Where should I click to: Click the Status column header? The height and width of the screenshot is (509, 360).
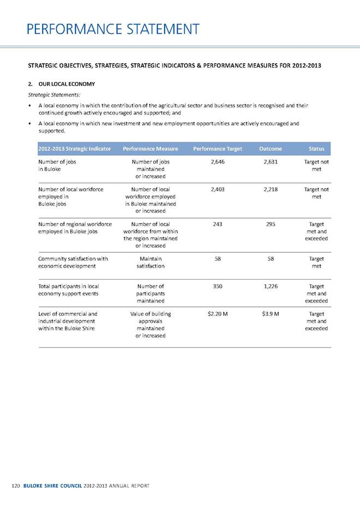(x=316, y=149)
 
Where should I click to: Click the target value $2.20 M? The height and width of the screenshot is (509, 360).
(x=218, y=314)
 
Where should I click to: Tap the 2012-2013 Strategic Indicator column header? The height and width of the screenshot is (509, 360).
(x=75, y=149)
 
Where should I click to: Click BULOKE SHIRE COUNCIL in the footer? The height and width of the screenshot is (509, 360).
(x=53, y=485)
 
